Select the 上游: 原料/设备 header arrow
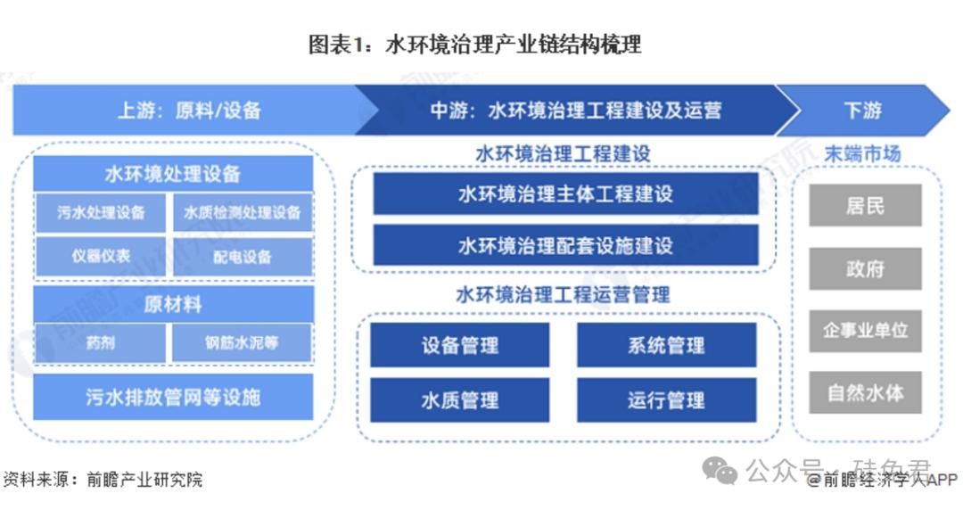(188, 111)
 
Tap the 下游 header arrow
(861, 111)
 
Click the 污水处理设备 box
(101, 213)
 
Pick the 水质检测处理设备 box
(243, 213)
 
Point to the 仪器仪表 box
(101, 257)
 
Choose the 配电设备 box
(243, 257)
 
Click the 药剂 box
(101, 342)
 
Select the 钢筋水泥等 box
(243, 342)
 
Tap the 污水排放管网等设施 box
(173, 397)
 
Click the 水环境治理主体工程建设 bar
(565, 194)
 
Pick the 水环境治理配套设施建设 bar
(565, 245)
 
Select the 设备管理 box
(460, 345)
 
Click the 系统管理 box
(666, 345)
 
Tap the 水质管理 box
(460, 400)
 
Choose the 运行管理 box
(666, 400)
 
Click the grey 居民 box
(865, 206)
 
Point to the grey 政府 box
(865, 268)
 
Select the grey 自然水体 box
(865, 392)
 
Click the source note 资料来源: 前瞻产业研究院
(103, 480)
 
